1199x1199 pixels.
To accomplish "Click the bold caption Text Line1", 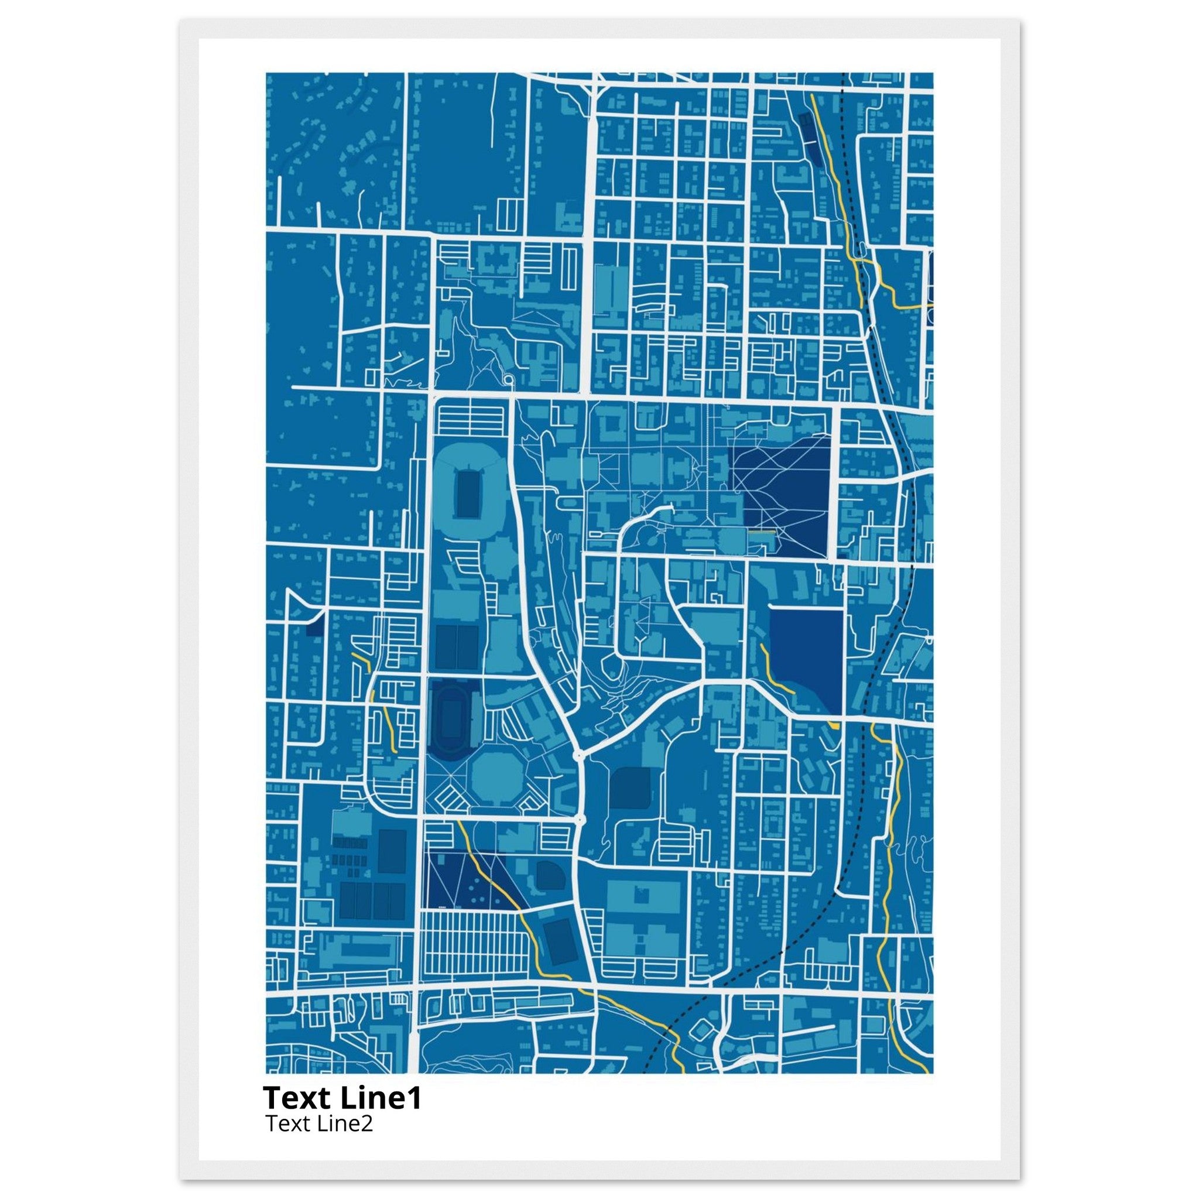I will click(342, 1097).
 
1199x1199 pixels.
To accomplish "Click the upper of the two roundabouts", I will click(578, 755).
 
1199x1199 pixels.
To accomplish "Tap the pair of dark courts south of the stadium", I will click(457, 647).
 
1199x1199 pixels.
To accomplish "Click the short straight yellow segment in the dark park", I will click(762, 532).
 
